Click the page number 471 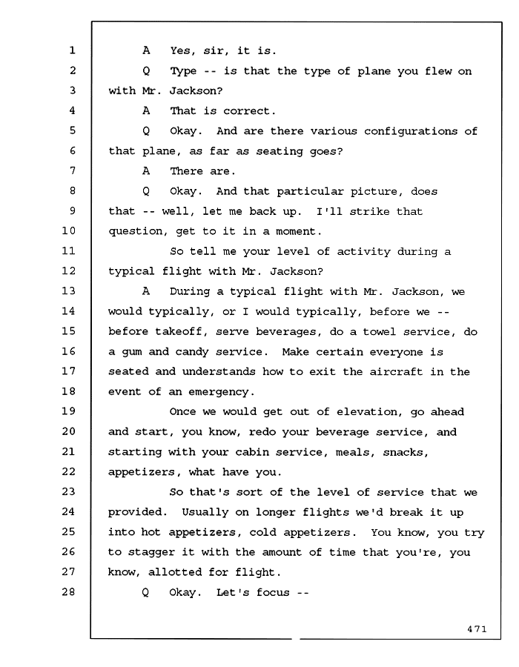coord(477,629)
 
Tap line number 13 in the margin coord(68,291)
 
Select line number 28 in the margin coord(68,591)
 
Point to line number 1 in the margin coord(73,50)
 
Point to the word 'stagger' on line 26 coord(151,553)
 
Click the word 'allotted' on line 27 coord(175,572)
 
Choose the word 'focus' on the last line coord(273,592)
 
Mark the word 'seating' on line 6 coord(279,151)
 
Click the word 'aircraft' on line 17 coord(396,372)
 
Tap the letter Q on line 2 coord(146,71)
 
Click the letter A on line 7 coord(146,171)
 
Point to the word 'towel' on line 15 coord(379,331)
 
